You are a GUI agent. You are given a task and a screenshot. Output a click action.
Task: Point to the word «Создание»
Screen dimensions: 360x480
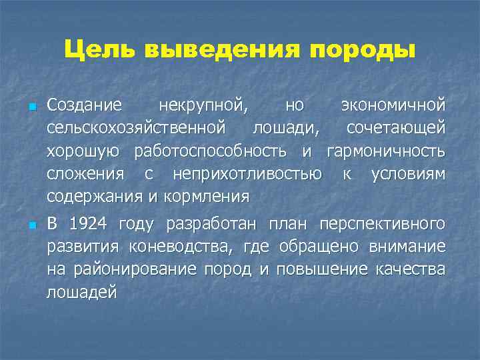pos(84,105)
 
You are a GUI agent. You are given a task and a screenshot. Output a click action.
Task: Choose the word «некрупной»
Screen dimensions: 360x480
pos(201,105)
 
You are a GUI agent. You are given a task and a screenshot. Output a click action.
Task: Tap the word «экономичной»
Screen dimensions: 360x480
pos(393,105)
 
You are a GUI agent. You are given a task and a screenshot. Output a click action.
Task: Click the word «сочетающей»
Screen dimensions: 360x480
pos(396,128)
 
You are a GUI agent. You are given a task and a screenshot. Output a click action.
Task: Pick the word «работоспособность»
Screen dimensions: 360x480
pos(214,151)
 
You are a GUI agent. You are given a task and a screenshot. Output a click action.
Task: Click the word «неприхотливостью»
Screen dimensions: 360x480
pos(247,174)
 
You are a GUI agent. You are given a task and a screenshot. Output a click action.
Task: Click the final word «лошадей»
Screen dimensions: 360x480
pos(81,293)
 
